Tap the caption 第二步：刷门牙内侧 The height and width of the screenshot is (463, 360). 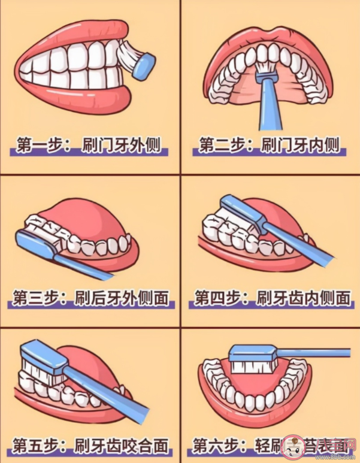click(269, 145)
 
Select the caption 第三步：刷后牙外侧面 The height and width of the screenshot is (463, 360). click(90, 298)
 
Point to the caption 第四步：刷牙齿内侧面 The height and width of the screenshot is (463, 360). click(272, 298)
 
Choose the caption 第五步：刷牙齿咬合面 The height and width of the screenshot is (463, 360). click(90, 446)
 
